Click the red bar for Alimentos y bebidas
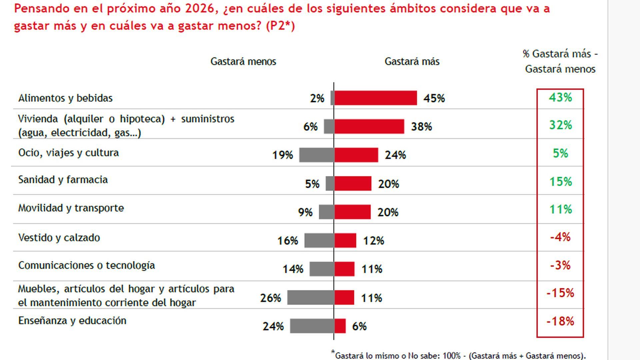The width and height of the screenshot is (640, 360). coord(375,98)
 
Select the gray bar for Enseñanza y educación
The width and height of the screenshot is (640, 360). coord(312,326)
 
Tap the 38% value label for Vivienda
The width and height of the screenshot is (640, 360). coord(421,127)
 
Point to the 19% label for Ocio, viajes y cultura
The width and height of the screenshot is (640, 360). coord(283,155)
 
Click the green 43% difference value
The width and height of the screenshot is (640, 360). coord(560,97)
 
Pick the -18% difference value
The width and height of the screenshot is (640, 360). coord(560,321)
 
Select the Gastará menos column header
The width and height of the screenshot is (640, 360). coord(243,62)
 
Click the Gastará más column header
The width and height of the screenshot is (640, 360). coord(412,62)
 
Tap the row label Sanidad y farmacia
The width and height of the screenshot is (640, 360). coord(63,180)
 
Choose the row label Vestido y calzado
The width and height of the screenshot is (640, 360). coord(59,238)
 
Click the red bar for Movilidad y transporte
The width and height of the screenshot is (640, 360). coord(352,212)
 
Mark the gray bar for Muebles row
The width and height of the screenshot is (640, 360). coord(311,297)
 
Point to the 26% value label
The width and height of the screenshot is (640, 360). coord(270,298)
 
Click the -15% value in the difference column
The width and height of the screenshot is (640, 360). coord(560,293)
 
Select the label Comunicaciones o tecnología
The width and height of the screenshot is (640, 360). coord(87,265)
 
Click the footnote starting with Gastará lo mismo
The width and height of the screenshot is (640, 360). coord(460,356)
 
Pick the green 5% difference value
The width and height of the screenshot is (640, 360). coord(560,153)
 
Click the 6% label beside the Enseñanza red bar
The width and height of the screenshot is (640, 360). coord(359,326)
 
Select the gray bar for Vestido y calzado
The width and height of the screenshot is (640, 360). coord(319,240)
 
